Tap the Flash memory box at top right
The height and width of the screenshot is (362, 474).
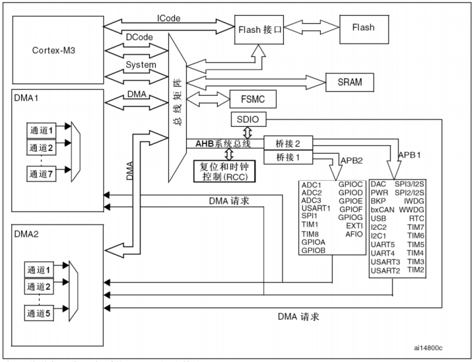click(364, 28)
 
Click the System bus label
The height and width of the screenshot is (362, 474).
click(141, 65)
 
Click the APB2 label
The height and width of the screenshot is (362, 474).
click(353, 161)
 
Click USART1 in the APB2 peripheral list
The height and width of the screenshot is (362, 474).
click(316, 207)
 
